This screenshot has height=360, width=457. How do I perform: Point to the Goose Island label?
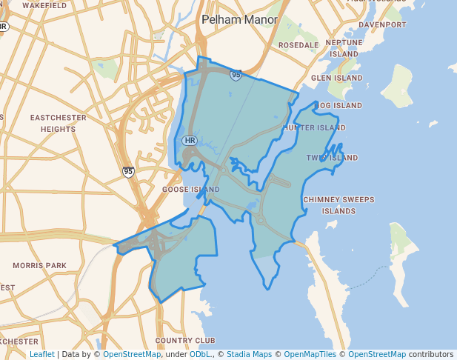[x=190, y=190]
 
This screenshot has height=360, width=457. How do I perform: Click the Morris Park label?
[x=39, y=265]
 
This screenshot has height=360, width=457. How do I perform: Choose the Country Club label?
[x=184, y=340]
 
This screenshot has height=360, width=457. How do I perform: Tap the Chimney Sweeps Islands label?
[x=338, y=205]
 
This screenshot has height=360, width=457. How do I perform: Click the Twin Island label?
[x=332, y=158]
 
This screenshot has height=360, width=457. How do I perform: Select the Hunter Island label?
[x=314, y=127]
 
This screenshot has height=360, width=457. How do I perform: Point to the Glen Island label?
[x=336, y=78]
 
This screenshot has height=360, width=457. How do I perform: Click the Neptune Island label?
[x=344, y=48]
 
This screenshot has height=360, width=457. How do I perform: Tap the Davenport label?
[x=382, y=24]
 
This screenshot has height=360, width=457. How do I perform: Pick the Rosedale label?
[x=298, y=45]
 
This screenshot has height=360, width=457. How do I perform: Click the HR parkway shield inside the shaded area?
[x=190, y=140]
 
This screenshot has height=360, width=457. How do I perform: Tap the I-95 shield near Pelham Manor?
[x=236, y=75]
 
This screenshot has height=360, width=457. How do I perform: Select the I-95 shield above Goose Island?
[x=129, y=171]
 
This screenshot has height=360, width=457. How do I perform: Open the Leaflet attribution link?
[x=41, y=354]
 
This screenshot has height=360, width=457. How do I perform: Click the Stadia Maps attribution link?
[x=249, y=354]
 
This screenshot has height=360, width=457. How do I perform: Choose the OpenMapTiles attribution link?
[x=310, y=354]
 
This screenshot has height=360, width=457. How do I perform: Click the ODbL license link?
[x=199, y=354]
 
